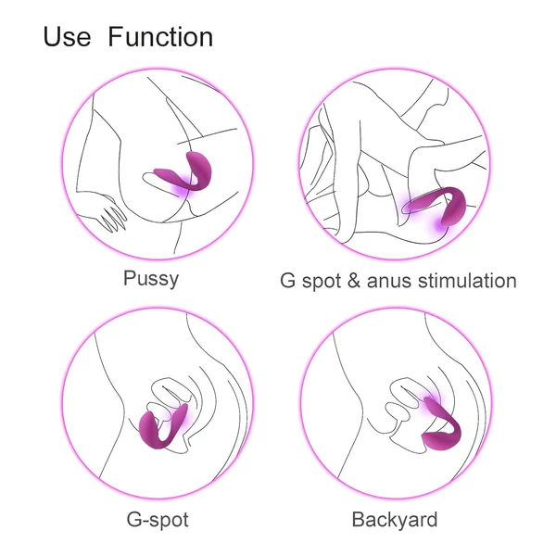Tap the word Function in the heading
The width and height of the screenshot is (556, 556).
pyautogui.click(x=160, y=38)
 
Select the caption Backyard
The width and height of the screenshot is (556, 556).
pyautogui.click(x=394, y=518)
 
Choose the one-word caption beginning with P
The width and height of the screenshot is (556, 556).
pyautogui.click(x=151, y=279)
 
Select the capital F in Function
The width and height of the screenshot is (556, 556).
pyautogui.click(x=115, y=38)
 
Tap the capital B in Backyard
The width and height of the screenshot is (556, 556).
pyautogui.click(x=359, y=518)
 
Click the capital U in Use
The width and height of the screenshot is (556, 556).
pyautogui.click(x=52, y=38)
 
